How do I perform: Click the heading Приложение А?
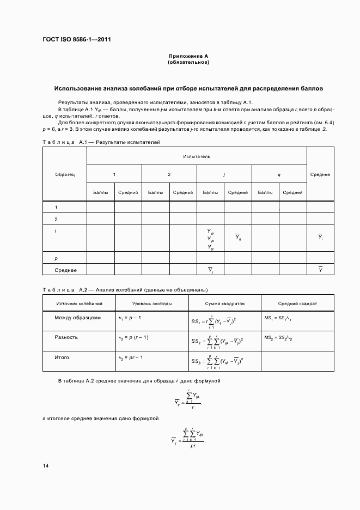(x=188, y=56)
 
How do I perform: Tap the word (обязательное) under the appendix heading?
(x=188, y=62)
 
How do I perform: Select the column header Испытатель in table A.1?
(x=197, y=156)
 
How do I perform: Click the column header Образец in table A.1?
(x=65, y=174)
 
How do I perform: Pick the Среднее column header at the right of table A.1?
(x=320, y=174)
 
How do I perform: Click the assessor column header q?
(x=279, y=174)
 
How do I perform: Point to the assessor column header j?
(x=224, y=174)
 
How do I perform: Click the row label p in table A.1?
(x=56, y=258)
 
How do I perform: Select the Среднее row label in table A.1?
(x=65, y=270)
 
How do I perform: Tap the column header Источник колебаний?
(x=79, y=303)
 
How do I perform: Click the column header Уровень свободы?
(x=152, y=303)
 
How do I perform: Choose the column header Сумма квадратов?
(x=224, y=303)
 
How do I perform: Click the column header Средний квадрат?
(x=297, y=303)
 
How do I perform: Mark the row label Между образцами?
(x=77, y=318)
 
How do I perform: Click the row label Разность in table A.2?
(x=66, y=337)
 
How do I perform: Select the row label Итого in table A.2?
(x=62, y=357)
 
